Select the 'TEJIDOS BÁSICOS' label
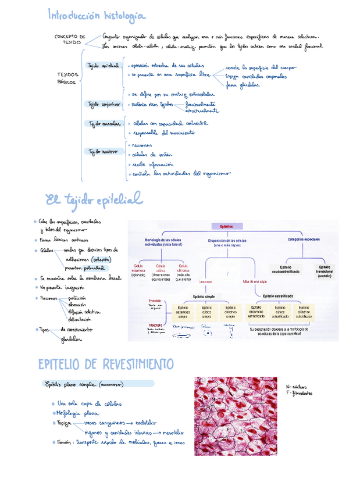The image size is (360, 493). pyautogui.click(x=68, y=78)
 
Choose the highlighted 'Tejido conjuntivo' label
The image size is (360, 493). pyautogui.click(x=104, y=105)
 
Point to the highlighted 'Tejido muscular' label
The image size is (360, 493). pyautogui.click(x=104, y=123)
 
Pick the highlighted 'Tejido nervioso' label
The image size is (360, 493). pyautogui.click(x=103, y=151)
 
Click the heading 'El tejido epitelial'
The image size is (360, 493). pyautogui.click(x=94, y=201)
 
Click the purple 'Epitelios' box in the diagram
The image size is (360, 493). pyautogui.click(x=226, y=227)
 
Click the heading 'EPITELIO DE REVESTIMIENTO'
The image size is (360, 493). pyautogui.click(x=106, y=364)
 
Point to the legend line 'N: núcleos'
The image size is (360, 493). pyautogui.click(x=298, y=386)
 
